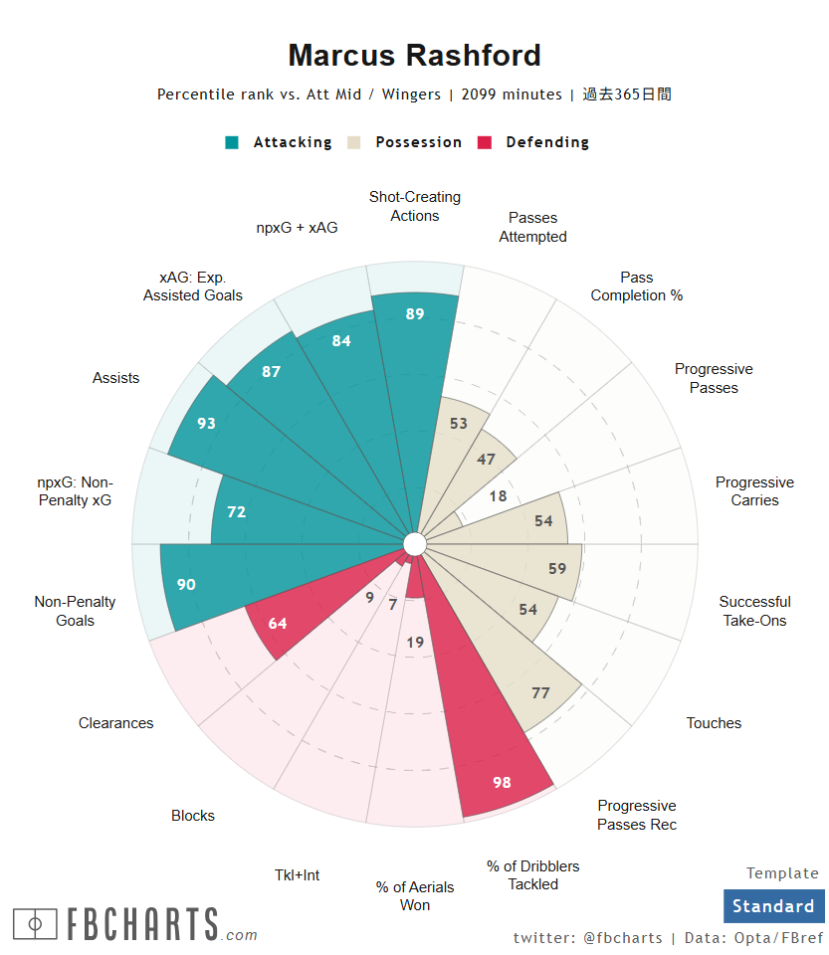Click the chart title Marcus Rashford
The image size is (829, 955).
(414, 55)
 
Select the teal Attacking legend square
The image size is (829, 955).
(232, 142)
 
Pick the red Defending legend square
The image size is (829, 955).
(485, 142)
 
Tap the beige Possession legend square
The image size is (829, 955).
(353, 142)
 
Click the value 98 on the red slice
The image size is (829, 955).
(502, 783)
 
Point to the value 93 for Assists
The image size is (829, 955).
(206, 423)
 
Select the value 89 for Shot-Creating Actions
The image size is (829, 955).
(415, 314)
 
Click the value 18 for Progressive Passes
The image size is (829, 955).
(498, 495)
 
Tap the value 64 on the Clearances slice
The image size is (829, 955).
(278, 624)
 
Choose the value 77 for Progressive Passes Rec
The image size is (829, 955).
(540, 693)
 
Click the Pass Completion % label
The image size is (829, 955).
(637, 286)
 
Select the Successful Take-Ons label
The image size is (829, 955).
(753, 611)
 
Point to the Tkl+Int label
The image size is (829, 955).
(298, 875)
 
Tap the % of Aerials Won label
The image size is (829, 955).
(415, 895)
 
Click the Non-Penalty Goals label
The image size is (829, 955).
(75, 611)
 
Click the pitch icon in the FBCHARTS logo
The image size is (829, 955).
(35, 924)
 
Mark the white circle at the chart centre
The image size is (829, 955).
(415, 543)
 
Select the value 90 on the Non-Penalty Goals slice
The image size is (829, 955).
(186, 585)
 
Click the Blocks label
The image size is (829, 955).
(193, 816)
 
